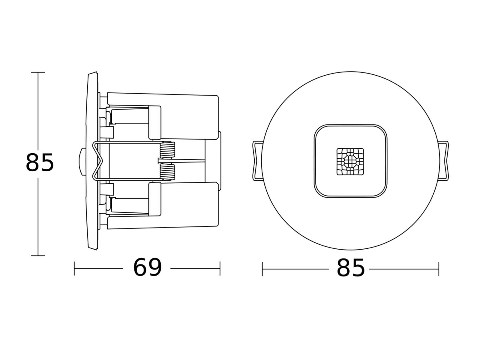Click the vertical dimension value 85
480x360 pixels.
pyautogui.click(x=40, y=162)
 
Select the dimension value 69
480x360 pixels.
pyautogui.click(x=147, y=267)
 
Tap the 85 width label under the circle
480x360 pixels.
pyautogui.click(x=350, y=268)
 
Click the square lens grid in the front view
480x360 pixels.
pyautogui.click(x=350, y=161)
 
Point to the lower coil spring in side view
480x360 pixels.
pyautogui.click(x=168, y=172)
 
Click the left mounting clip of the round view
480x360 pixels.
pyautogui.click(x=257, y=161)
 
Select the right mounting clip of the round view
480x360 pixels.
pyautogui.click(x=444, y=161)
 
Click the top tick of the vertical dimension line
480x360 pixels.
pyautogui.click(x=38, y=72)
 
